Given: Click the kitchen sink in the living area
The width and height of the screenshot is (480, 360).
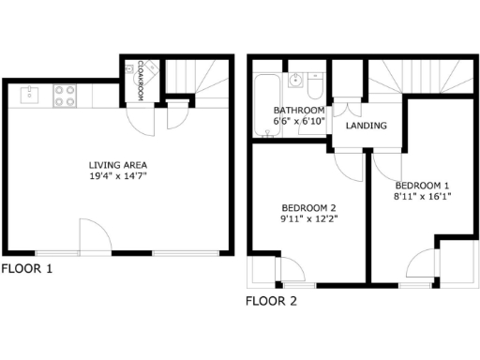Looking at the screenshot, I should pos(29,94).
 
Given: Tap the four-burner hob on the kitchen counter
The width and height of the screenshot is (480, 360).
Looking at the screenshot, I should pos(65,95).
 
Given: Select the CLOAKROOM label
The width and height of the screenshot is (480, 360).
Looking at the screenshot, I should pos(140,79).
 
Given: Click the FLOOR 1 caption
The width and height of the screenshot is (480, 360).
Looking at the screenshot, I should pos(27,269).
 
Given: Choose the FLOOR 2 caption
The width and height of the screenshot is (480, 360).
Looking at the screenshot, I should pos(271,302).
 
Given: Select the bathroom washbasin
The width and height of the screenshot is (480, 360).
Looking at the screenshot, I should pos(295,81).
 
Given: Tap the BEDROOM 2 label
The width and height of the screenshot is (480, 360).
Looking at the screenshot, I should pos(308,207).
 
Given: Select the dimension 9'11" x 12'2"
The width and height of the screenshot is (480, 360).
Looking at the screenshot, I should pos(308,219).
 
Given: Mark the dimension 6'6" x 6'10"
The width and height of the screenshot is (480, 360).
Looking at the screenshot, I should pos(298,122).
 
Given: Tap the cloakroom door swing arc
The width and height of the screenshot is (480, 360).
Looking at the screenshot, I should pos(138,119).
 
